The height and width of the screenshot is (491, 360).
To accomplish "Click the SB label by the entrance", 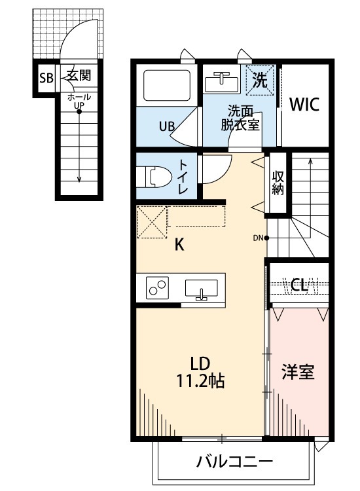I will click(46, 78).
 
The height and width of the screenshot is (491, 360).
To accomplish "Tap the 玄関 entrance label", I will click(77, 77).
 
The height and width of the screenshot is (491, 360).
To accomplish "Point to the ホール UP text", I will click(79, 101).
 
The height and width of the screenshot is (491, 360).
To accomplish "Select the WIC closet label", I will click(304, 105).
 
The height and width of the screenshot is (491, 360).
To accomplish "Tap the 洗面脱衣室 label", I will click(240, 118).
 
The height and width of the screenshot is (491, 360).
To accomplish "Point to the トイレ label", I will click(183, 175).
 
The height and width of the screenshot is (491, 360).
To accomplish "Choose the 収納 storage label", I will click(278, 183).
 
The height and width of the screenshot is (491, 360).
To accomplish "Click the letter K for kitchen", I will click(179, 245).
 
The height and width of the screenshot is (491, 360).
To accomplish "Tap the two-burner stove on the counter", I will click(156, 288).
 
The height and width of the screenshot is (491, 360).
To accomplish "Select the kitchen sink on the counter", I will click(202, 289).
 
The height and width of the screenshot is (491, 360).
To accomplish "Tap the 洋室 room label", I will click(298, 372).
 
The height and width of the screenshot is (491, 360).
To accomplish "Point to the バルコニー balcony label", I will click(234, 462).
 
